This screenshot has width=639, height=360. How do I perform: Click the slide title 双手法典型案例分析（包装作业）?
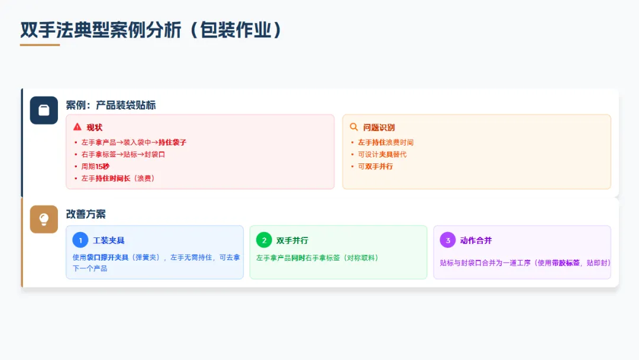151,30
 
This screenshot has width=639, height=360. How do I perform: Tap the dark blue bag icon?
44,110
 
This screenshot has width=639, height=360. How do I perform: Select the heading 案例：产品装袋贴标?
111,105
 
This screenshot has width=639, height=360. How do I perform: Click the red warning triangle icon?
78,127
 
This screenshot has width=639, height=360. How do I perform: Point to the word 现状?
95,127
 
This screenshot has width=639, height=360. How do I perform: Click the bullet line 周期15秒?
95,166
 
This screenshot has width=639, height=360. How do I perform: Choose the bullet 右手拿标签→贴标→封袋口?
123,155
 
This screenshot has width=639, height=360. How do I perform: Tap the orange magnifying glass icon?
354,127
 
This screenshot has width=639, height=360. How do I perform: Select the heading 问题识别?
379,127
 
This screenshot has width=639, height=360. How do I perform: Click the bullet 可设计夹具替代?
382,155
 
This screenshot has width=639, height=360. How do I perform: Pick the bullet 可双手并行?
375,166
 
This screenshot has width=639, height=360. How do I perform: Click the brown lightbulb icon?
44,219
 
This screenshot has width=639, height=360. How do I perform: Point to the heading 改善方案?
86,214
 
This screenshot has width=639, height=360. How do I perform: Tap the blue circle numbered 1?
80,240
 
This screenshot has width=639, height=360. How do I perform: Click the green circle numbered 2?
264,240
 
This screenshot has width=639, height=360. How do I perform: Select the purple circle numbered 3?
448,240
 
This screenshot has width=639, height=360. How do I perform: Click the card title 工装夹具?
109,240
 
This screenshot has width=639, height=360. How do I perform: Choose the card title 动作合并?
476,240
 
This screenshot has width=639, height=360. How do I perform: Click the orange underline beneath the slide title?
40,45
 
